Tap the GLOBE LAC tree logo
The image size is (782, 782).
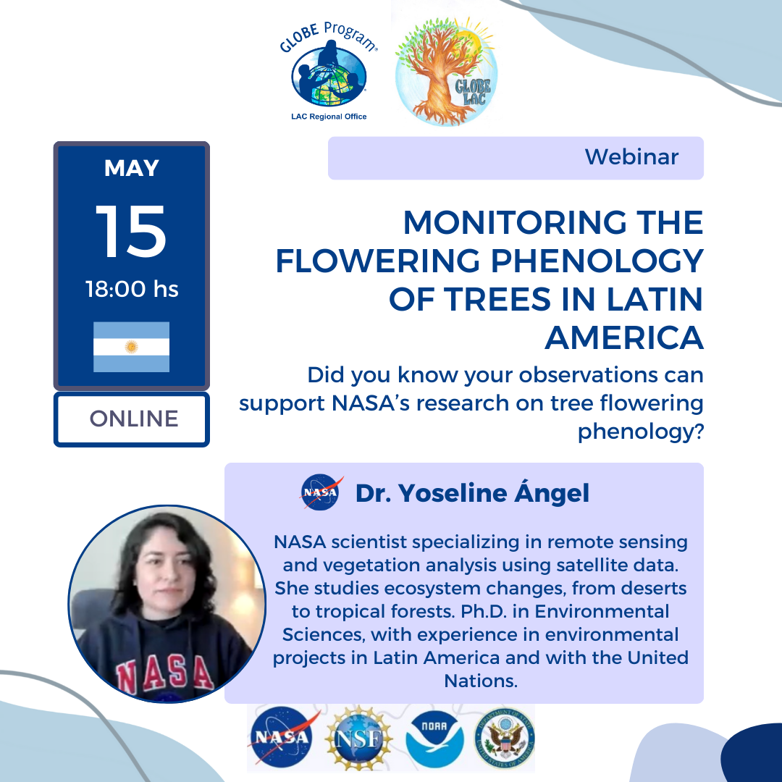click(x=446, y=71)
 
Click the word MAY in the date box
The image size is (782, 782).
click(x=132, y=168)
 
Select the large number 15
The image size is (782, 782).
click(x=131, y=232)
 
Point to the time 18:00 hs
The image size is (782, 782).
click(x=132, y=289)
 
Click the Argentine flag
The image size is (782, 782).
click(x=131, y=347)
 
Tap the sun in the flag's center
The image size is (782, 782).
click(x=131, y=347)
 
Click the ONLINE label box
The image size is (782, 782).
click(x=132, y=419)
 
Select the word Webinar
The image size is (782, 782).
click(x=631, y=157)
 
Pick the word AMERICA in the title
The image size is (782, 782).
click(x=624, y=338)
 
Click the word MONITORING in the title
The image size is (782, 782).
click(x=515, y=222)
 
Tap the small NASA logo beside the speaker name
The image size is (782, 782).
click(x=321, y=492)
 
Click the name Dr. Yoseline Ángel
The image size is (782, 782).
click(x=472, y=493)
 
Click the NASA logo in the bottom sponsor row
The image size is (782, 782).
click(x=282, y=736)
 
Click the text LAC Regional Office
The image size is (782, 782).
click(x=329, y=117)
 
